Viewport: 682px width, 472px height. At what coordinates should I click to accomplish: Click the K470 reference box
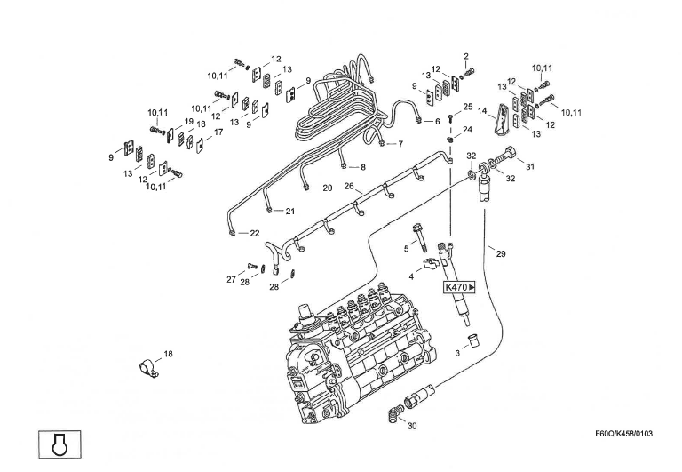pyautogui.click(x=460, y=287)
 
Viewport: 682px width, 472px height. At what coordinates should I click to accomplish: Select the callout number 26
pyautogui.click(x=349, y=187)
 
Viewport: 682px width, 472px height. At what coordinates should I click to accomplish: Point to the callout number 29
pyautogui.click(x=501, y=254)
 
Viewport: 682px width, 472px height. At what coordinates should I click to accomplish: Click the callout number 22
pyautogui.click(x=255, y=233)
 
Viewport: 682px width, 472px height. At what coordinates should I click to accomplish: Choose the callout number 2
pyautogui.click(x=465, y=56)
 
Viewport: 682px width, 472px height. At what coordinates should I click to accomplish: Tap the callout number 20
pyautogui.click(x=327, y=188)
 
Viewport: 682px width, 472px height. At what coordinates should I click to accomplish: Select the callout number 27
pyautogui.click(x=231, y=279)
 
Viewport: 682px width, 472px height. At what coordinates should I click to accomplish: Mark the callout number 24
pyautogui.click(x=467, y=130)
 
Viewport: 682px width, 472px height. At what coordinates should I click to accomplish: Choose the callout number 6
pyautogui.click(x=436, y=121)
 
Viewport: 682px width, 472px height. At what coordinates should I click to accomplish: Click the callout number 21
pyautogui.click(x=289, y=211)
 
